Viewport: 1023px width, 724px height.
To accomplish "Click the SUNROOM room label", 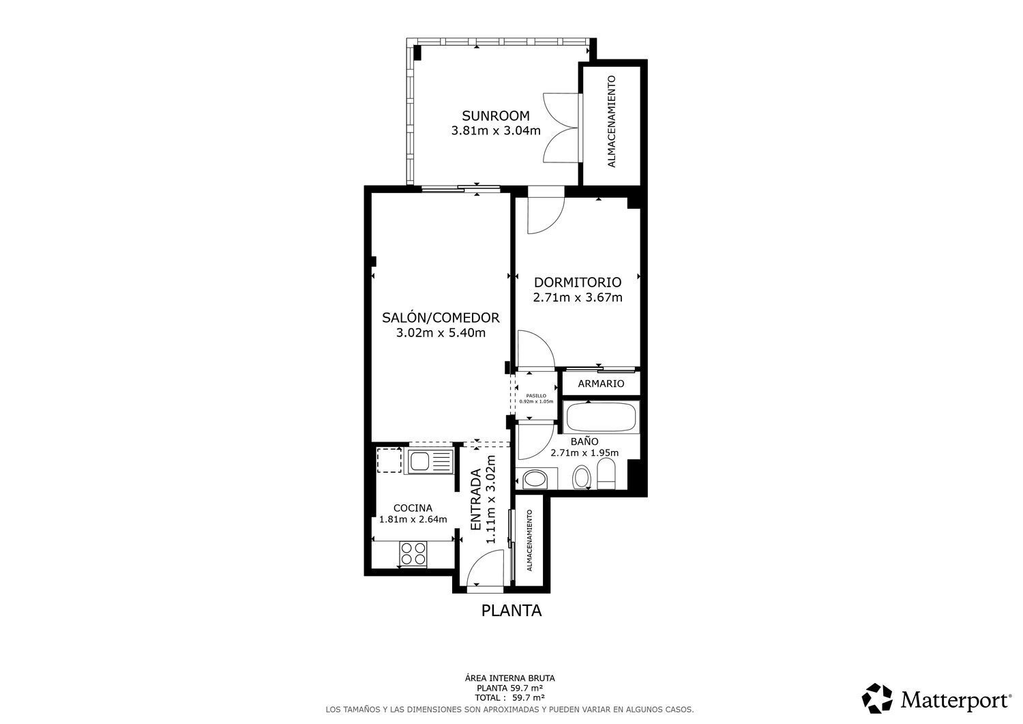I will point(495,115).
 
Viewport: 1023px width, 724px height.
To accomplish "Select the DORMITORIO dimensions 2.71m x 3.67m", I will point(577,298).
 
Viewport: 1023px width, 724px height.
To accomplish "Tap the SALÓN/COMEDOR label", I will point(441,317).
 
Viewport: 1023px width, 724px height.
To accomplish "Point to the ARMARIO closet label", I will point(601,383).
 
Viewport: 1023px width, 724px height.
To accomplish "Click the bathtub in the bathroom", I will point(602,417).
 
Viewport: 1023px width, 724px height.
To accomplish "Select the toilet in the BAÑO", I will point(606,475).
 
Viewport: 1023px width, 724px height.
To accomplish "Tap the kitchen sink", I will point(430,461).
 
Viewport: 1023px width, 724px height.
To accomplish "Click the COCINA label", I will point(413,508).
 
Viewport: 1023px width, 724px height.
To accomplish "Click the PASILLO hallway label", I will point(536,395).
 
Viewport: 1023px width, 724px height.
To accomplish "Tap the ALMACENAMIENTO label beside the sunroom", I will point(612,121).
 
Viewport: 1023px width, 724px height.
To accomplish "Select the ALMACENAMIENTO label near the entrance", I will point(529,540).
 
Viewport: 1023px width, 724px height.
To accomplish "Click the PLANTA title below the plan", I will point(512,611).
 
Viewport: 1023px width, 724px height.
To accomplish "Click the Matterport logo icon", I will point(877,698).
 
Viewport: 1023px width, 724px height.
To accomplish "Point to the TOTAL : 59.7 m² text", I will point(509,698).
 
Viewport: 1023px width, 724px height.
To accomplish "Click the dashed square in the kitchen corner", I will point(389,460).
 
